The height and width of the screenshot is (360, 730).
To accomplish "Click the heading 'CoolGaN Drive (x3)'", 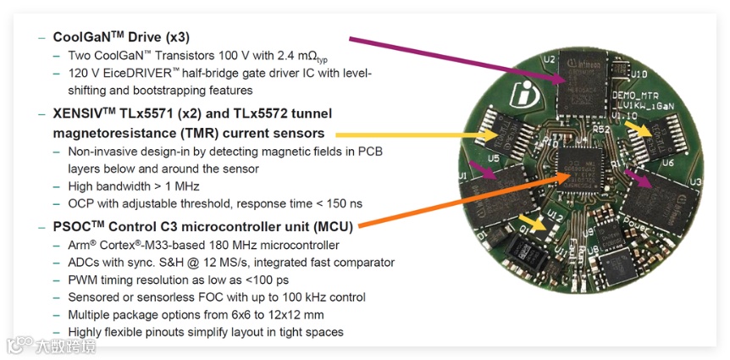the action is tap(121, 37).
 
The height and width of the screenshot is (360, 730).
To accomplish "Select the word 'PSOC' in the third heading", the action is tap(73, 226).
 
